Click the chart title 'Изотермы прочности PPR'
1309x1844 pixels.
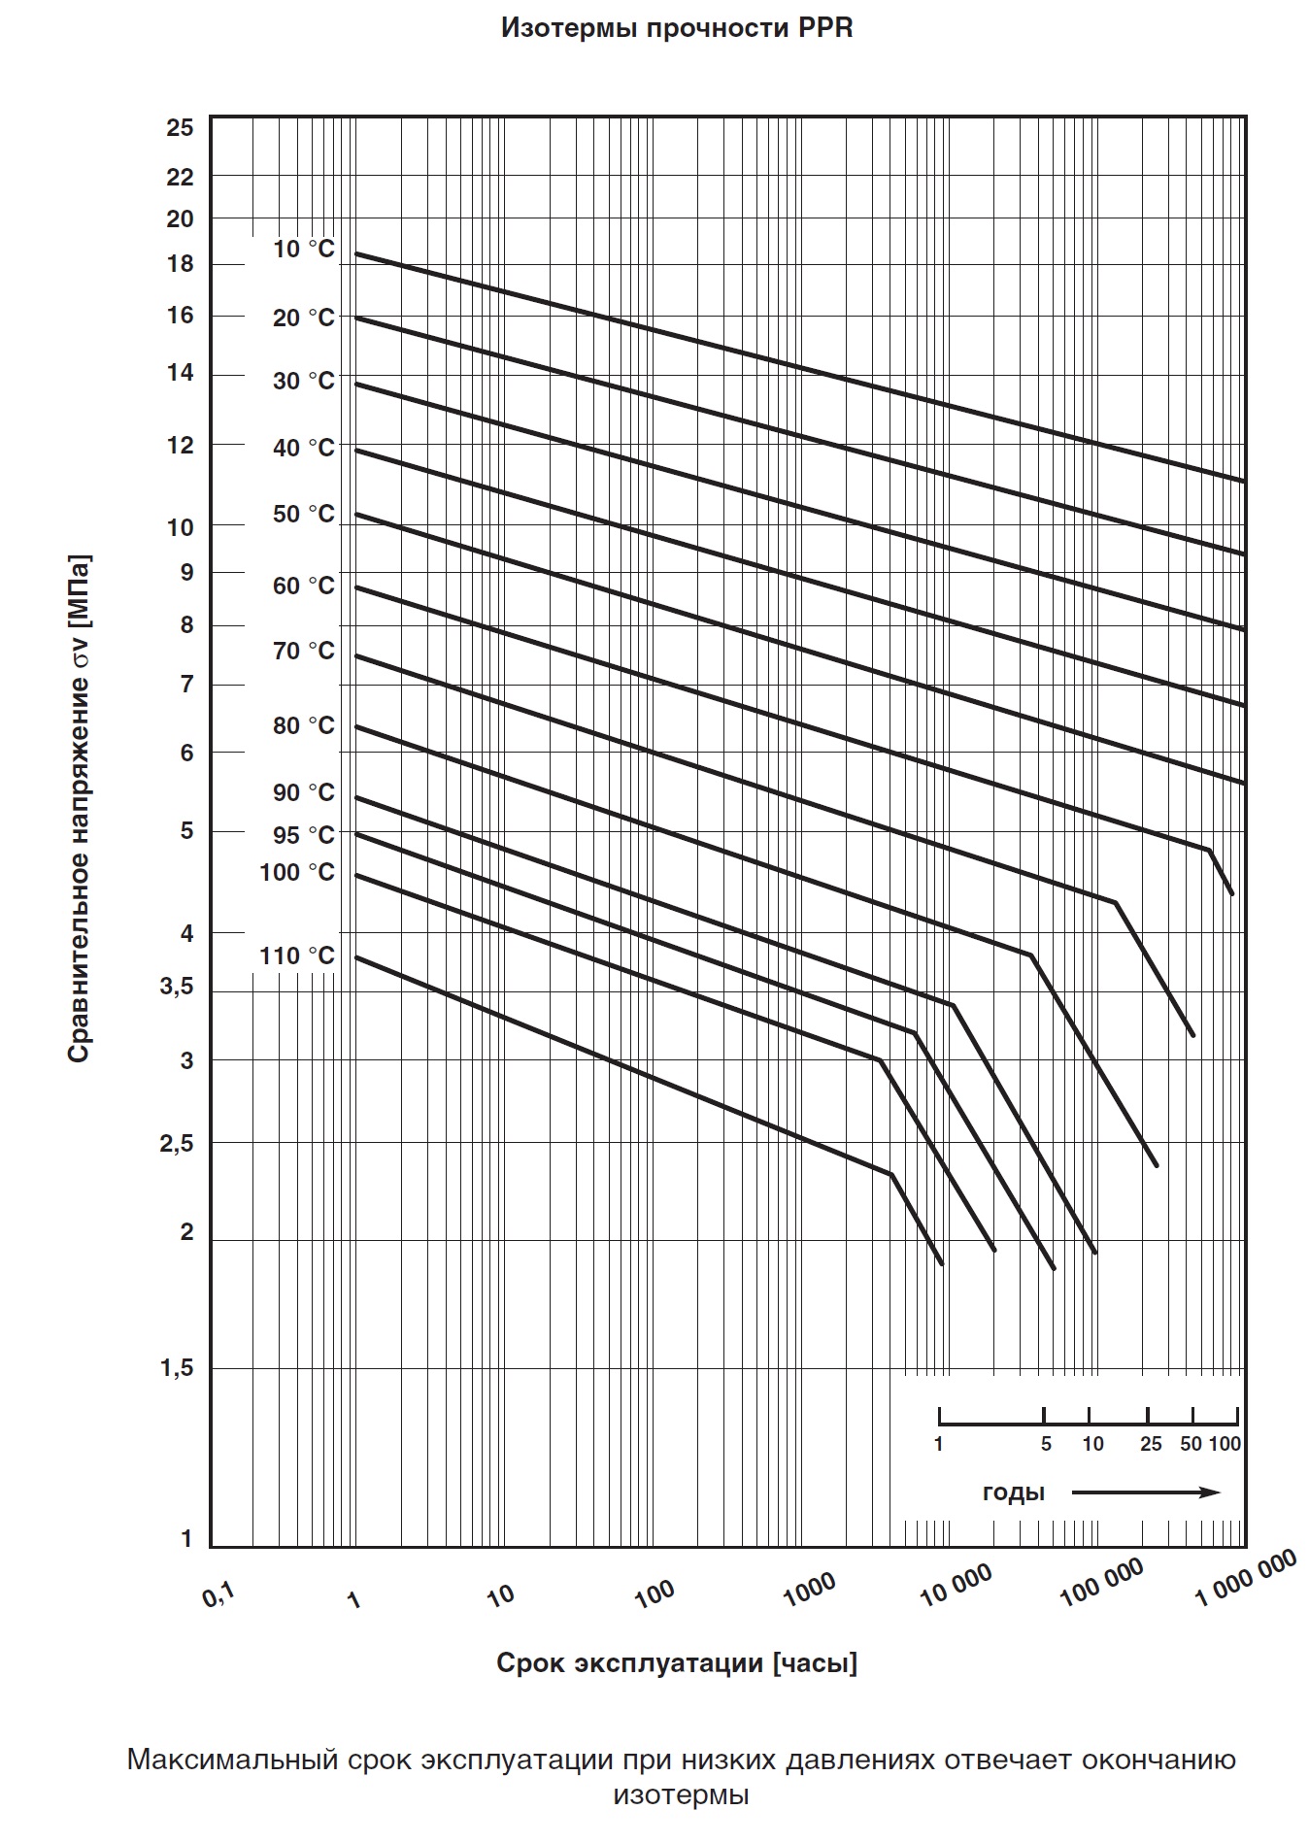point(677,28)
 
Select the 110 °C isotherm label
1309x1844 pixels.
point(296,956)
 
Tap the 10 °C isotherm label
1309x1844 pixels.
point(303,250)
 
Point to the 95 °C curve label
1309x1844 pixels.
point(303,835)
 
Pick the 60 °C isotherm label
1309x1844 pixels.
point(303,586)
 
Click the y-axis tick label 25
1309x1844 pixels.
point(180,128)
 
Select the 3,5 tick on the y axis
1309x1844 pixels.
point(176,988)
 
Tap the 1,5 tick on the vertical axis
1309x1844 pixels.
point(176,1368)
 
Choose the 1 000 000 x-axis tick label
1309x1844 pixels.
point(1246,1578)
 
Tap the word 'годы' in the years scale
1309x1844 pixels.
point(1013,1492)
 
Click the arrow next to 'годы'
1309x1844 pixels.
point(1146,1492)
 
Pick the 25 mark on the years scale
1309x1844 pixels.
point(1151,1444)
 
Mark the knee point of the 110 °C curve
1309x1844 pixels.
point(890,1174)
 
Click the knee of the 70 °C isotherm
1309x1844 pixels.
point(1115,902)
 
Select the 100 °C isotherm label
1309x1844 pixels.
point(296,873)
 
